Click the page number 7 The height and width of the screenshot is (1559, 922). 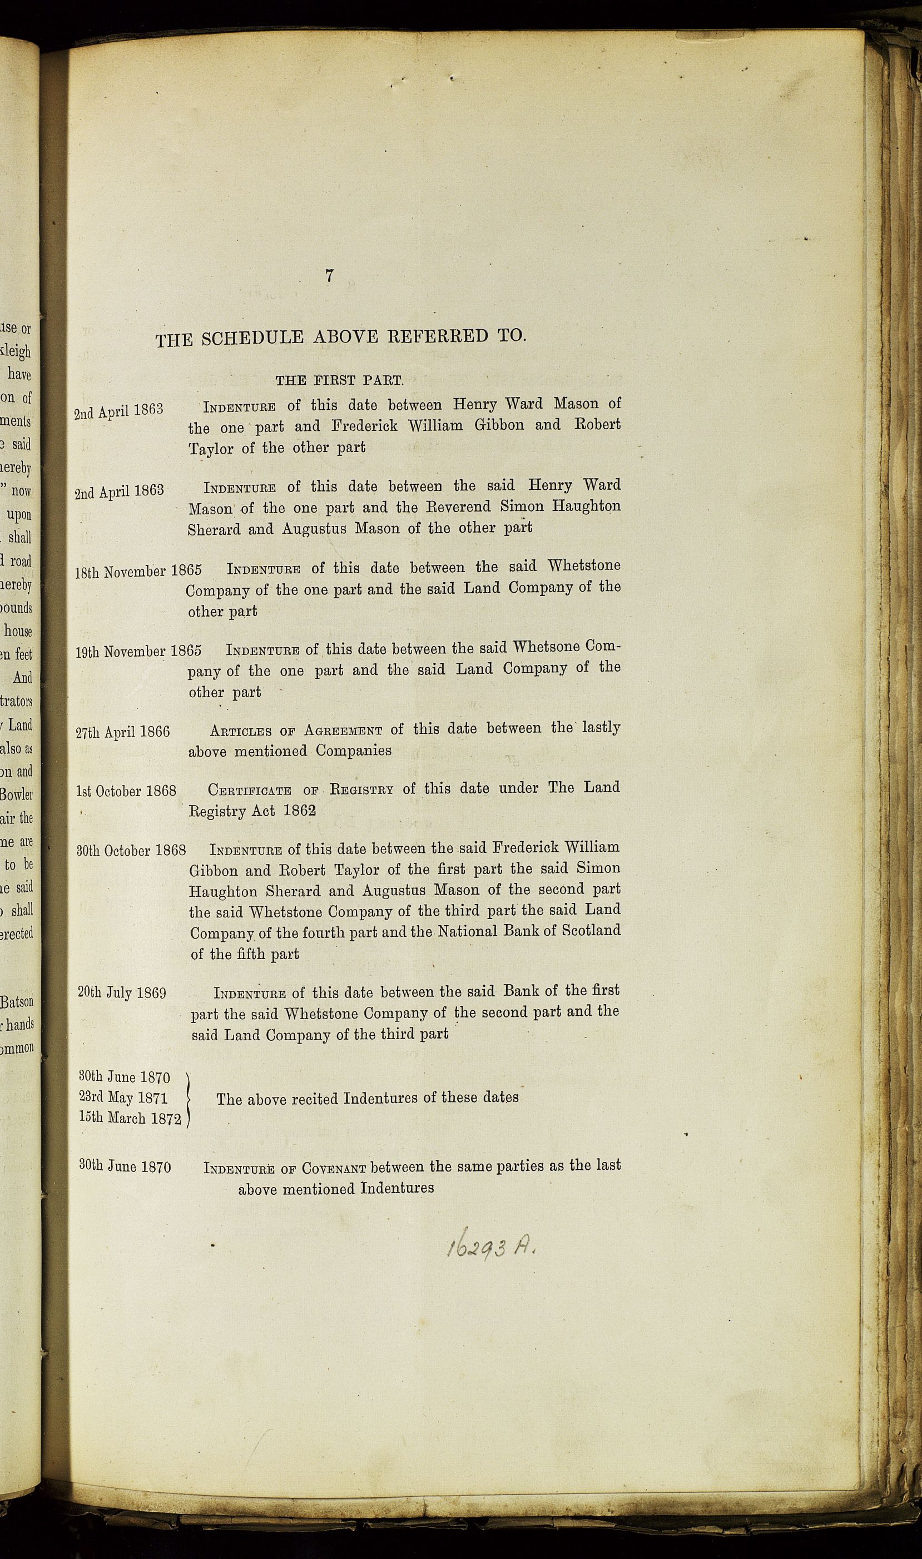click(x=329, y=276)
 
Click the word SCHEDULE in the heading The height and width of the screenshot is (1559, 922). click(x=254, y=338)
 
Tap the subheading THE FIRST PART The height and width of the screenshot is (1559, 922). click(x=339, y=380)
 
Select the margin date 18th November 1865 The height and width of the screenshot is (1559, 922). click(x=138, y=572)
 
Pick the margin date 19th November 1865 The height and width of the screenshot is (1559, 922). click(x=138, y=652)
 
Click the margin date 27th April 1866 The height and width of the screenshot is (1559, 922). click(x=122, y=732)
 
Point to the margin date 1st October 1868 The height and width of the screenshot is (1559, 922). click(x=126, y=791)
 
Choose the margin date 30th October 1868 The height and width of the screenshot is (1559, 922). click(x=131, y=850)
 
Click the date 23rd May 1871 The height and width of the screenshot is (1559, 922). click(x=123, y=1098)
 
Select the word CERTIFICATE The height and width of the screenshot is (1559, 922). click(x=249, y=791)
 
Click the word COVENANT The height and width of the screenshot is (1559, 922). click(x=334, y=1168)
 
